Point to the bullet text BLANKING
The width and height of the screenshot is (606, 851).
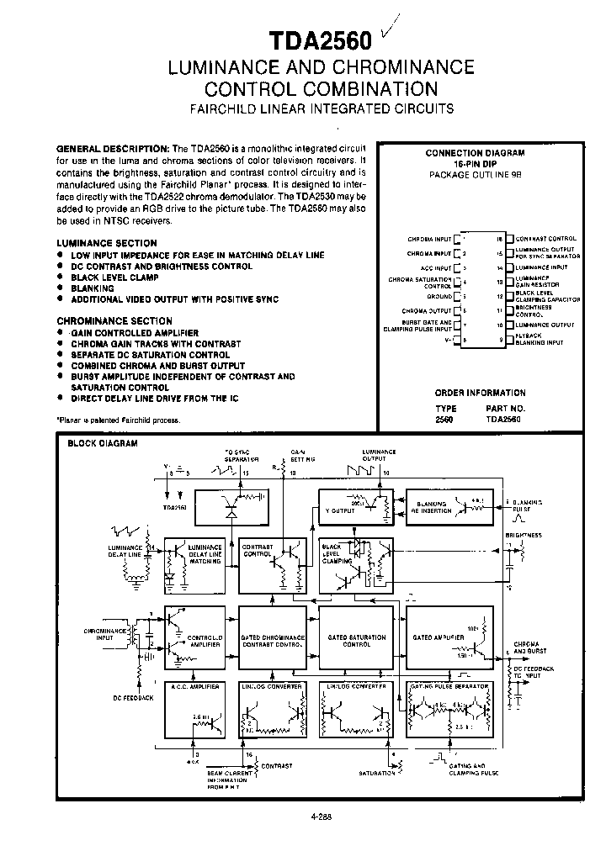(93, 288)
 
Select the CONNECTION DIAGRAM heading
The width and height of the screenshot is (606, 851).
(486, 153)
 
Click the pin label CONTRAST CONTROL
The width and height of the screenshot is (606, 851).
(545, 239)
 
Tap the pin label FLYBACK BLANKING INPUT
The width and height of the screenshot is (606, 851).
(539, 340)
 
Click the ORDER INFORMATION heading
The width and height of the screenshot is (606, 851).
(480, 393)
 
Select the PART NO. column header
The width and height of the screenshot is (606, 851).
(505, 407)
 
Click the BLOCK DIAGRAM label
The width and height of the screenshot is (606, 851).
(102, 443)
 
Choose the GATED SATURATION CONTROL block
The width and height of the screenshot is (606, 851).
(358, 640)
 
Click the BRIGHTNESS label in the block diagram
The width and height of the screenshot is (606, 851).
(523, 536)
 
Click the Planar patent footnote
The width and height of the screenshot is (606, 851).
(119, 420)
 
